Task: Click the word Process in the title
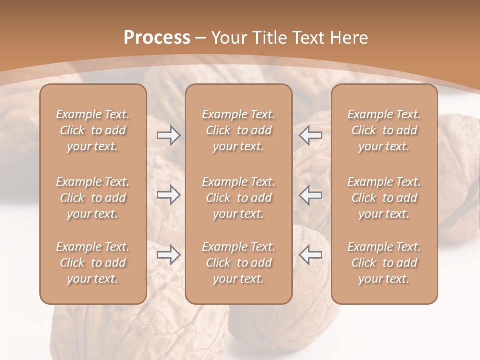click(157, 38)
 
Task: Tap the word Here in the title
click(348, 38)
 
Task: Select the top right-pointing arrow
click(168, 135)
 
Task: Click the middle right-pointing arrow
click(168, 195)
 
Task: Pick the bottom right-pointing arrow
click(168, 255)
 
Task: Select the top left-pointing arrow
click(310, 135)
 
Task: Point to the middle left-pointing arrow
click(310, 195)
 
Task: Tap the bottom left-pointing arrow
click(310, 255)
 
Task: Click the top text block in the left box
click(93, 130)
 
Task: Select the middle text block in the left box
click(93, 198)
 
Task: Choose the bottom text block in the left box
click(93, 263)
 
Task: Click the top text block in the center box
click(239, 130)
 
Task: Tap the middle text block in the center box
click(239, 198)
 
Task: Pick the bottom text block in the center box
click(239, 263)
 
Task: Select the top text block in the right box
click(384, 130)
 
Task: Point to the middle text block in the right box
click(384, 198)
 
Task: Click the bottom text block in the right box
click(384, 263)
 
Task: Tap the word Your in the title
click(228, 38)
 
